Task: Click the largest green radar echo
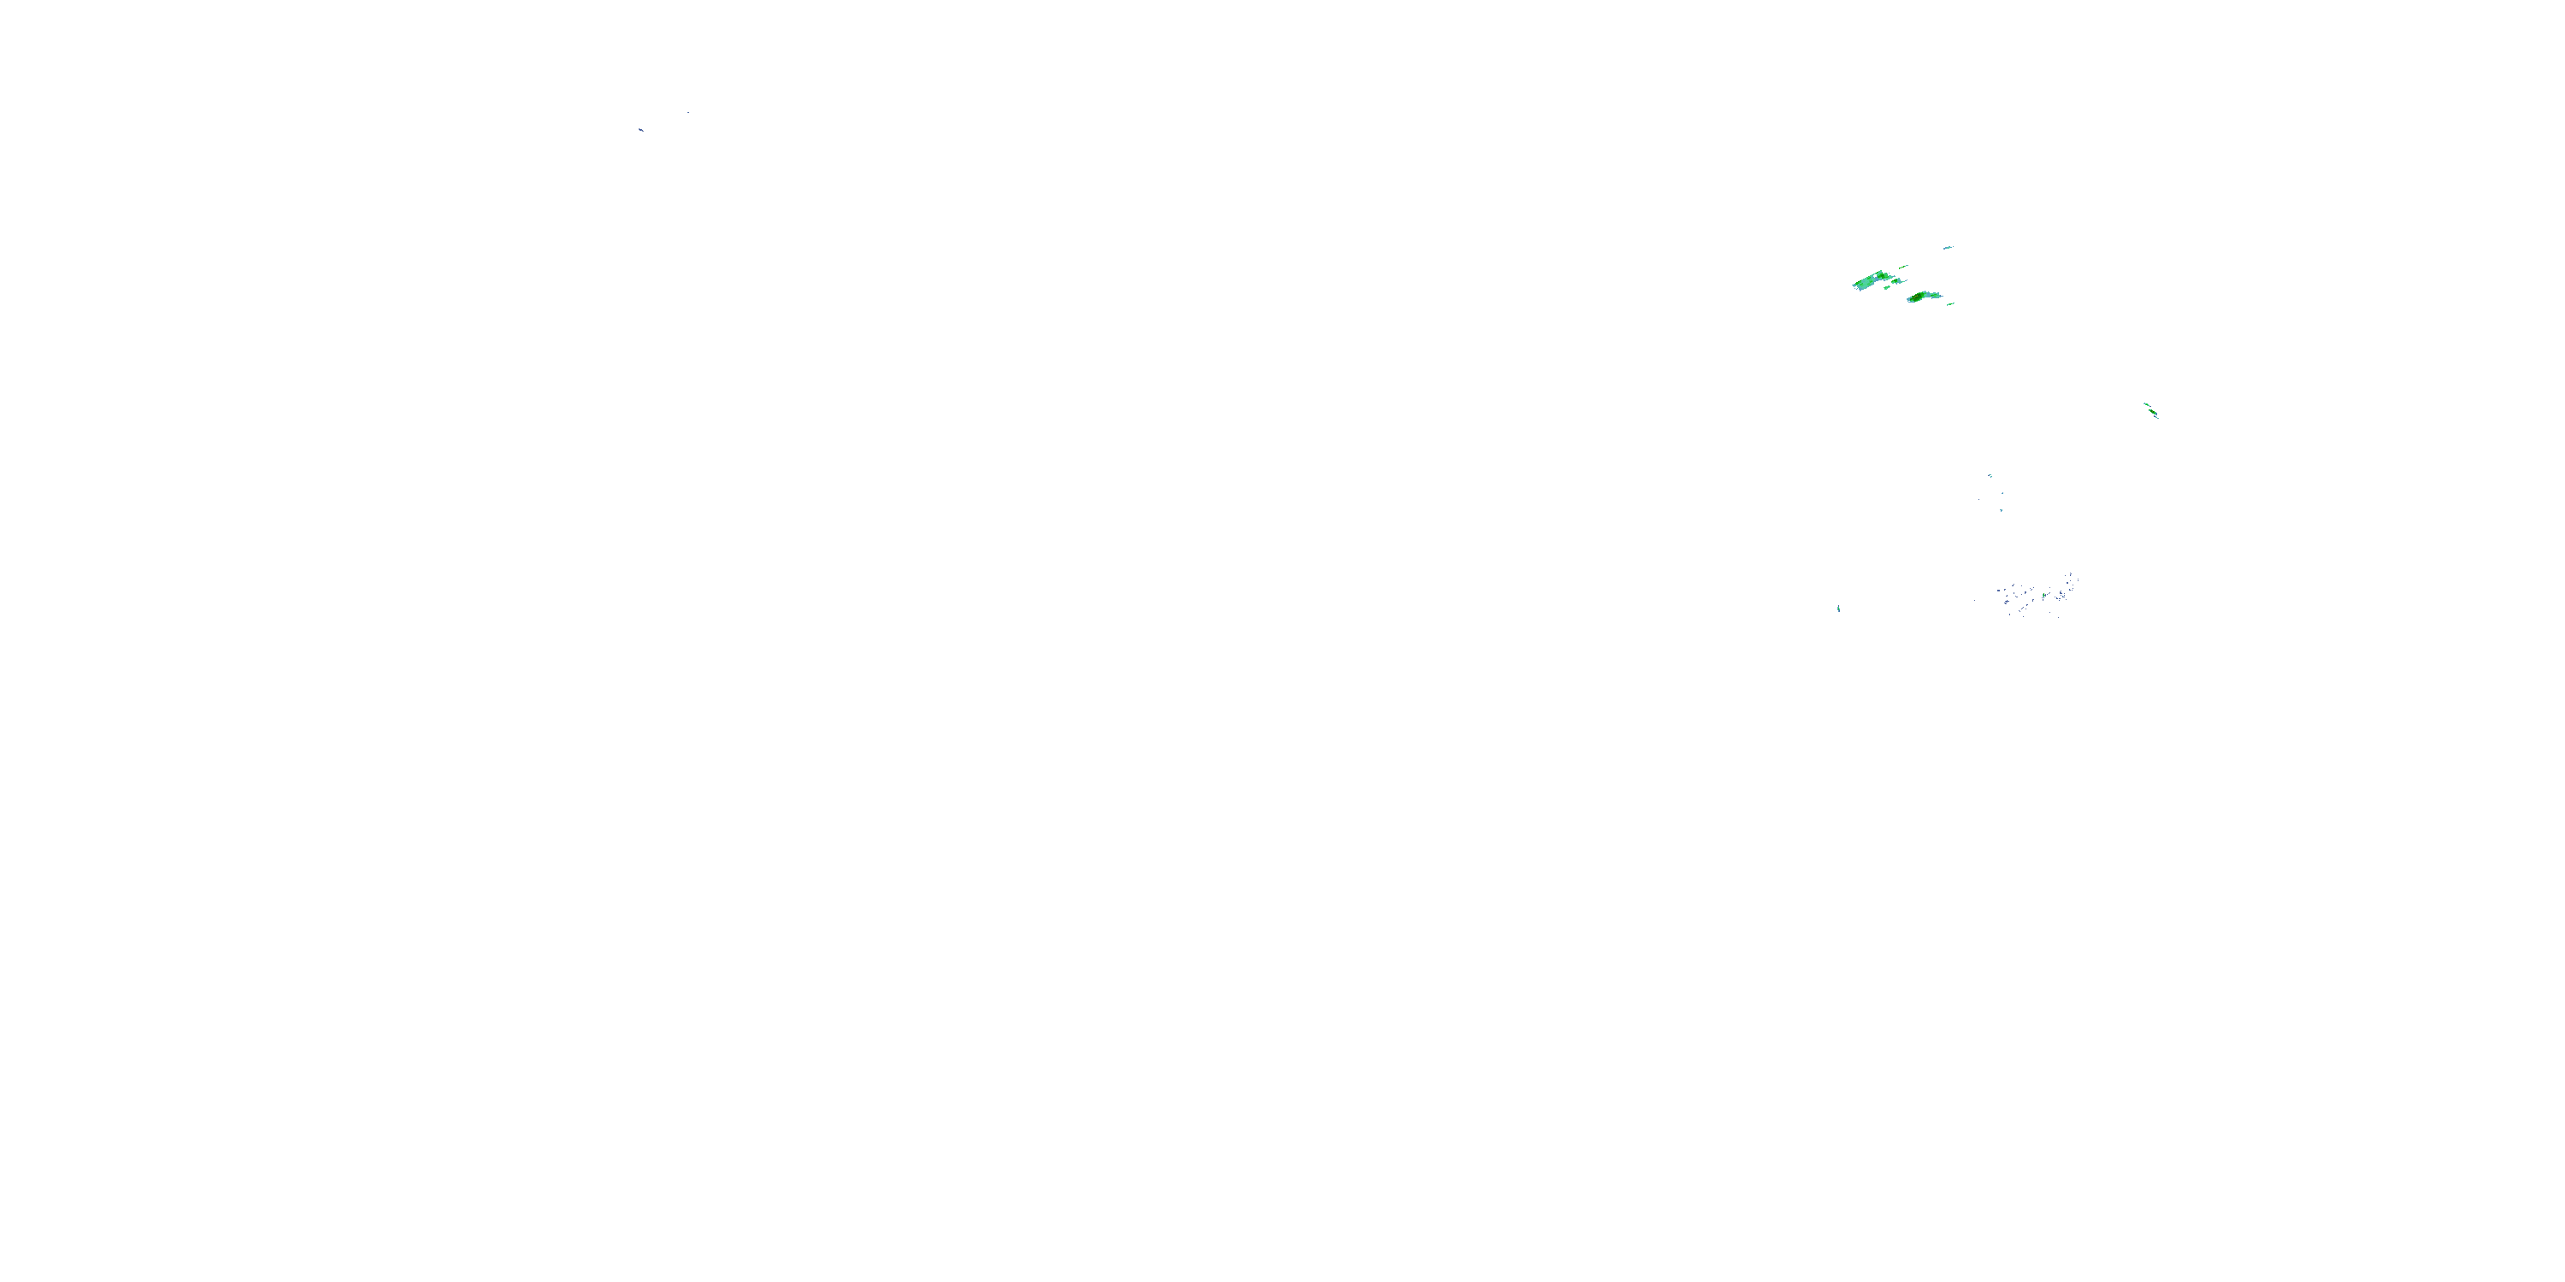(1870, 282)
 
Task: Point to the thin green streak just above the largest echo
(1904, 266)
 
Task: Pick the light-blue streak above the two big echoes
(1948, 247)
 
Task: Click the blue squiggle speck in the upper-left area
(641, 129)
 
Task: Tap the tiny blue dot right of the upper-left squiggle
(688, 113)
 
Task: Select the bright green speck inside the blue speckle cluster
(2045, 595)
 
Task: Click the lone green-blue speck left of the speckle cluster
(1838, 609)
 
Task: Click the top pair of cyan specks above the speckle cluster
(1990, 476)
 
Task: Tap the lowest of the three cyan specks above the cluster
(2002, 510)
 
